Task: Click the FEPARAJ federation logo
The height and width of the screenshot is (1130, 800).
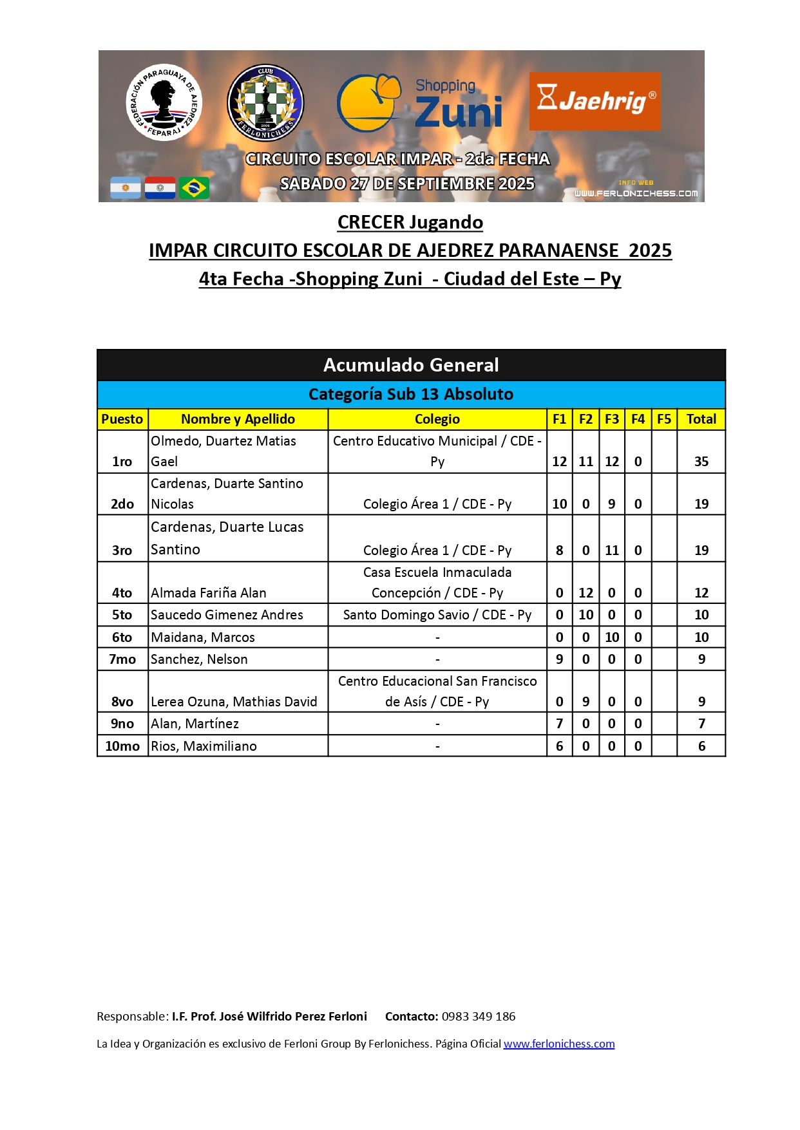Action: [164, 102]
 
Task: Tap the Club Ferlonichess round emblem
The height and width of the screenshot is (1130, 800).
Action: [265, 102]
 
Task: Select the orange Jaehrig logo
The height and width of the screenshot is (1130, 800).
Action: [595, 101]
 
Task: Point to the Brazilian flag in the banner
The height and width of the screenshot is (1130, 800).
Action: [194, 188]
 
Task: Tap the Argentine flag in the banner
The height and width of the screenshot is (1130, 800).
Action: [126, 188]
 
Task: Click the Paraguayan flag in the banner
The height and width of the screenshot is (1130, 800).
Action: [160, 188]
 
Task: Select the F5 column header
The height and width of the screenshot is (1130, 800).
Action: [663, 419]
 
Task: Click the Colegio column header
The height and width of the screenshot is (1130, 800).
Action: [437, 419]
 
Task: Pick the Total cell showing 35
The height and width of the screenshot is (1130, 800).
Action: [701, 462]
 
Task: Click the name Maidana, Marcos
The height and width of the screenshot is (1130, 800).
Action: [202, 637]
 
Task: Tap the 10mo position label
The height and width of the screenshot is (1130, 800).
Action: [122, 746]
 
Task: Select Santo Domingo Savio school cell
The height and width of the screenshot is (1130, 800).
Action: [437, 615]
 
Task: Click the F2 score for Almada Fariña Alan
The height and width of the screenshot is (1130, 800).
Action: [586, 593]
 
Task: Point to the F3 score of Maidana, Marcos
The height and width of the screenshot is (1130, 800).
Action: [611, 637]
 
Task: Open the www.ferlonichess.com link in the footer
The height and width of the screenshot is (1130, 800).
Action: [558, 1044]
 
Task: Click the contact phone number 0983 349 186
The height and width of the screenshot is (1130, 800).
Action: [478, 1017]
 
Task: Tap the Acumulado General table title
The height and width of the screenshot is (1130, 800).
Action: [411, 365]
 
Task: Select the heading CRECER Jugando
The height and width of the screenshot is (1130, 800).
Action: [410, 222]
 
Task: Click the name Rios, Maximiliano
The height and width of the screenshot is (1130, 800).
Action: [204, 746]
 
